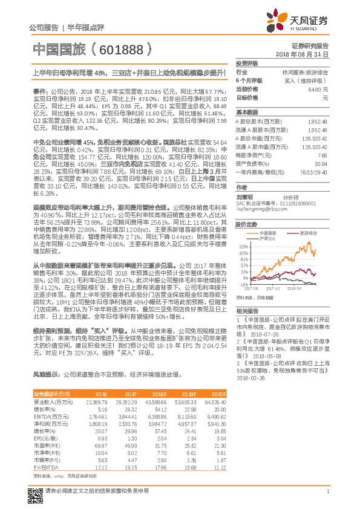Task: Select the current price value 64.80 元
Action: tap(318, 89)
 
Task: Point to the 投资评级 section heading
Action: tap(247, 63)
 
